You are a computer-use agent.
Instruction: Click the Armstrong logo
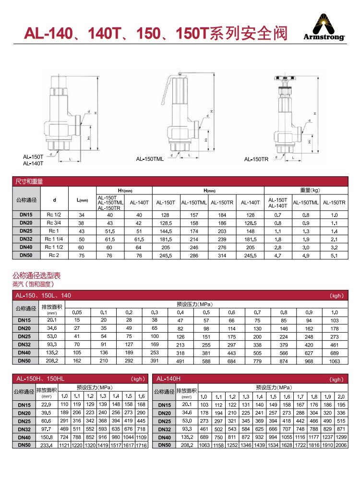pos(324,28)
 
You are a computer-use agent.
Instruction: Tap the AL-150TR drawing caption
pos(256,159)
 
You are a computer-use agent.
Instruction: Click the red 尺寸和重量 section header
pos(30,181)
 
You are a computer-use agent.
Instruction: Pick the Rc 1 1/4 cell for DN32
pos(54,239)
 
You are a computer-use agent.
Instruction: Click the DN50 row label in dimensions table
pos(26,255)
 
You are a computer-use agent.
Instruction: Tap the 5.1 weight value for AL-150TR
pos(334,255)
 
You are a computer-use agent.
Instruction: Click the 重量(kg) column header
pos(307,190)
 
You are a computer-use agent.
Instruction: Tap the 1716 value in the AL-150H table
pos(141,445)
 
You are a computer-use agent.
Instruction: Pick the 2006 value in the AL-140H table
pos(341,445)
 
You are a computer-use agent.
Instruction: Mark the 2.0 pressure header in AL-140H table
pos(341,396)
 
